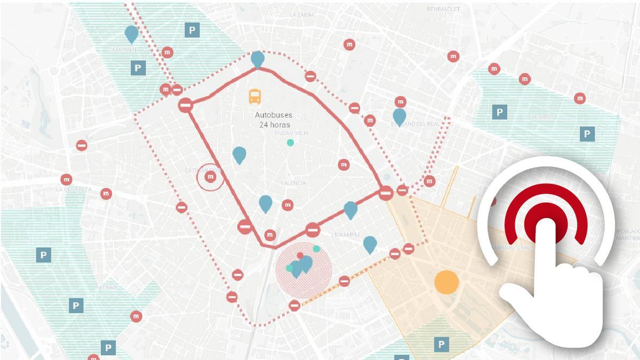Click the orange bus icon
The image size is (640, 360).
pyautogui.click(x=255, y=97)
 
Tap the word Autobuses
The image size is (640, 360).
pyautogui.click(x=273, y=115)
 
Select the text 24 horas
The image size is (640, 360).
pyautogui.click(x=273, y=125)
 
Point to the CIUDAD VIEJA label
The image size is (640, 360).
pyautogui.click(x=287, y=133)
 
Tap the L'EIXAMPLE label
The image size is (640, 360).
pyautogui.click(x=346, y=235)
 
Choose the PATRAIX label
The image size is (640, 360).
pyautogui.click(x=107, y=287)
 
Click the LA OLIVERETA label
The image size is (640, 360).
pyautogui.click(x=74, y=189)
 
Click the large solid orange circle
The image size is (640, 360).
pyautogui.click(x=446, y=282)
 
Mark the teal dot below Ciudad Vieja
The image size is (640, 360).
pyautogui.click(x=290, y=142)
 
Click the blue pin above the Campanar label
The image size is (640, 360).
pyautogui.click(x=131, y=34)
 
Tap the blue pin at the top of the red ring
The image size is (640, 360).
pyautogui.click(x=258, y=59)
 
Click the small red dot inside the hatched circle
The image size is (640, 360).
pyautogui.click(x=300, y=255)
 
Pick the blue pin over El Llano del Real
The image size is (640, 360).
pyautogui.click(x=399, y=116)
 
